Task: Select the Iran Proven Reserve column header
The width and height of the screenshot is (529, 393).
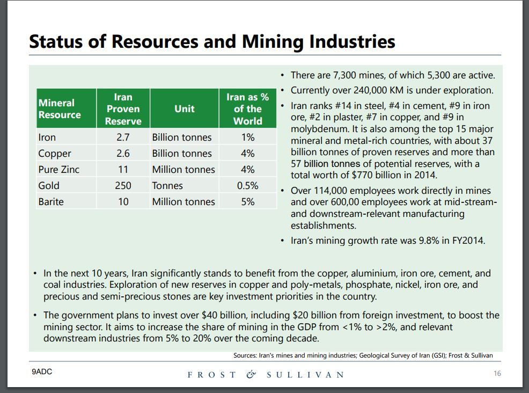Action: [123, 109]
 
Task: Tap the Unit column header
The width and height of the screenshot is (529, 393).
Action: [184, 109]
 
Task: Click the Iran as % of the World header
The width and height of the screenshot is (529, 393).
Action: [247, 109]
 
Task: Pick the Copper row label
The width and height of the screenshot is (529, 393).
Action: [54, 154]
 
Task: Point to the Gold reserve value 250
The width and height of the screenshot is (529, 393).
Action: [123, 186]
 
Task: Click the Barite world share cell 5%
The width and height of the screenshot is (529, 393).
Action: [247, 202]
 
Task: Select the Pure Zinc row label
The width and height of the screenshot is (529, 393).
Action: [58, 170]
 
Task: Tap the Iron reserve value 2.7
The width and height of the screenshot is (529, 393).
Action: [123, 137]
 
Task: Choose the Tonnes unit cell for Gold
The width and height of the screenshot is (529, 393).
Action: [167, 186]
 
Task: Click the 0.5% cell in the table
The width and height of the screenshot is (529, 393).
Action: [247, 186]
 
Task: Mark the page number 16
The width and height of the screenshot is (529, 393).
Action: [497, 374]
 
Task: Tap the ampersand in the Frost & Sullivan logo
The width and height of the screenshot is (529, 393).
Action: [251, 374]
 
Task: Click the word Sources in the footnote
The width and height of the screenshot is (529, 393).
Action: [245, 355]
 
